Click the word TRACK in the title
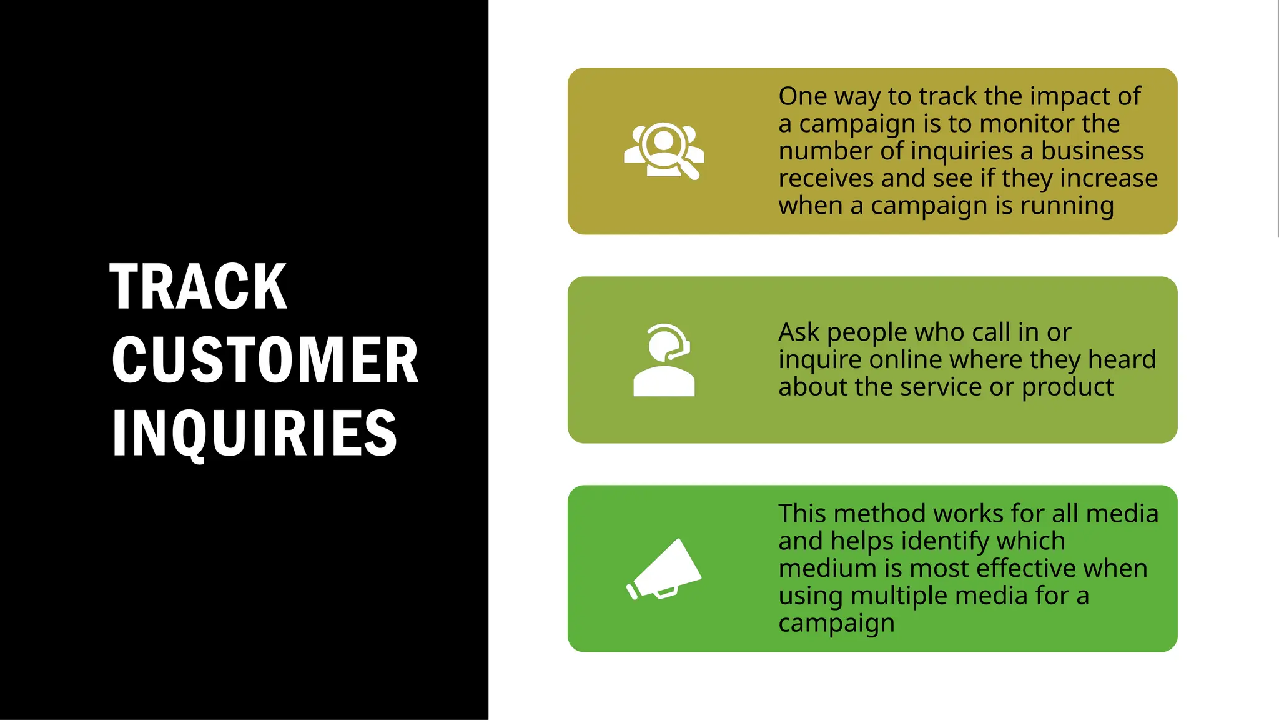click(x=199, y=286)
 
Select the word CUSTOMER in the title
click(x=265, y=360)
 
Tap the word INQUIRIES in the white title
click(x=255, y=432)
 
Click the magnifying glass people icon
click(x=664, y=151)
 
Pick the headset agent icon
click(x=664, y=360)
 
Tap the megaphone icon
click(x=664, y=569)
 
